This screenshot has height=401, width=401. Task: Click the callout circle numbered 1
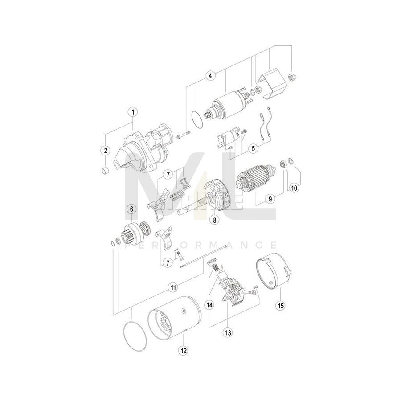132,111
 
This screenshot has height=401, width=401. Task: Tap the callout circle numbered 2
106,151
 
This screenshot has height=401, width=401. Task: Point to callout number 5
253,148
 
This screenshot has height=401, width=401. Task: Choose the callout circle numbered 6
131,209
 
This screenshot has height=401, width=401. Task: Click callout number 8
215,220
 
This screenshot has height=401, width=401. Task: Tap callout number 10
294,188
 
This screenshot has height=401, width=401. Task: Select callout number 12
184,350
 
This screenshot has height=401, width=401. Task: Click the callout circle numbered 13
229,332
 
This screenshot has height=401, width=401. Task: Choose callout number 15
280,305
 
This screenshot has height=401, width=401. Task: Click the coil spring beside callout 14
215,268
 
